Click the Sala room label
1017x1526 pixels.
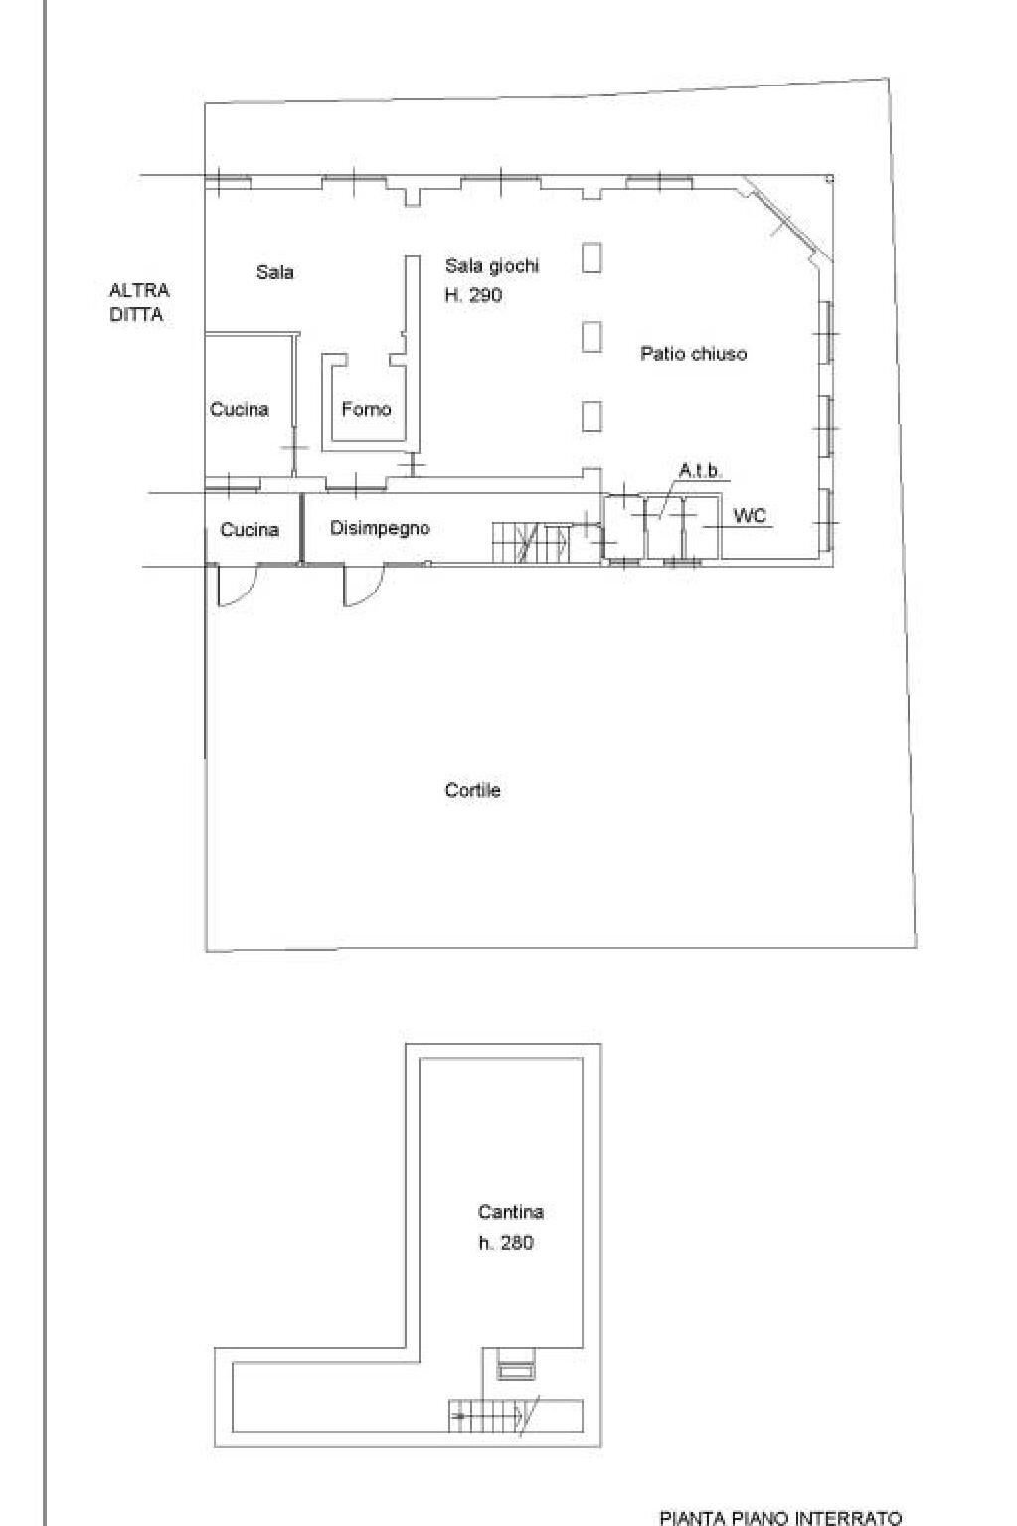coord(275,272)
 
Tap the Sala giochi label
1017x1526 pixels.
coord(492,265)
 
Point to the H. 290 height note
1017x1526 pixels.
coord(473,295)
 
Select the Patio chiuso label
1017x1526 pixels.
coord(694,354)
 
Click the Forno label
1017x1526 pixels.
coord(366,409)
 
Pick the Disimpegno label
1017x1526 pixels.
coord(380,528)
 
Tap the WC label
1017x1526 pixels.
coord(750,516)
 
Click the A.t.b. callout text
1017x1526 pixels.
coord(700,471)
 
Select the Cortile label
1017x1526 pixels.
coord(473,790)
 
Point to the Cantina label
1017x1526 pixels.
coord(511,1211)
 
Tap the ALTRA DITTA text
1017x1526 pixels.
coord(139,302)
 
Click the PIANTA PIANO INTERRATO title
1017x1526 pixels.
coord(780,1517)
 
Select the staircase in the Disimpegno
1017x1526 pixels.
coord(531,542)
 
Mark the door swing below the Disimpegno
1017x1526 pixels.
coord(364,586)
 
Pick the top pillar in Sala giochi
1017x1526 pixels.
coord(592,257)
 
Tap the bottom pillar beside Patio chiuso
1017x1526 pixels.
coord(592,417)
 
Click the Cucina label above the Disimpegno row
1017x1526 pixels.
coord(240,409)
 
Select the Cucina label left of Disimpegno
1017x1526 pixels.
coord(250,529)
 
